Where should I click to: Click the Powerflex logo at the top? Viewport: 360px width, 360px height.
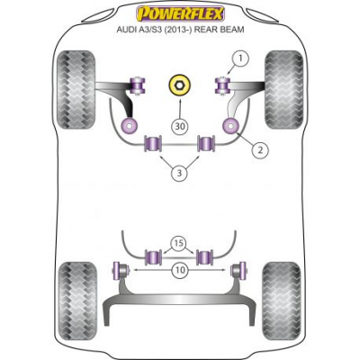[x=180, y=13]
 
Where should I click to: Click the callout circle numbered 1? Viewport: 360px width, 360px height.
[x=239, y=59]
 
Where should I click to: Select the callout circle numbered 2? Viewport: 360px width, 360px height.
[x=260, y=149]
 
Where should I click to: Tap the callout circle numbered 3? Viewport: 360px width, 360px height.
[x=179, y=173]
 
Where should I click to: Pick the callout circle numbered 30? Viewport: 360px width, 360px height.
[x=180, y=126]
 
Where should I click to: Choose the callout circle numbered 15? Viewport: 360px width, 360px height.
[x=179, y=243]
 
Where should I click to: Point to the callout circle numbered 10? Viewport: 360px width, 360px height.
[x=180, y=270]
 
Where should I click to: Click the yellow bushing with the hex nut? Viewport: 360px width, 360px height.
[x=180, y=85]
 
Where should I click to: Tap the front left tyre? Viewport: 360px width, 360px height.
[x=76, y=90]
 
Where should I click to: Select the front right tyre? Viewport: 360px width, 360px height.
[x=283, y=90]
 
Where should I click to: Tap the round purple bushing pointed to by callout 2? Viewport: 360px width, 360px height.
[x=230, y=126]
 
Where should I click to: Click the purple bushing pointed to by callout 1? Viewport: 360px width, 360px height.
[x=223, y=85]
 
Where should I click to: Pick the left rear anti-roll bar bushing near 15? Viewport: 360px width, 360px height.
[x=153, y=257]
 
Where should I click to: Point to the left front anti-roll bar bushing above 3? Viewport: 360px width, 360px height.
[x=153, y=143]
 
